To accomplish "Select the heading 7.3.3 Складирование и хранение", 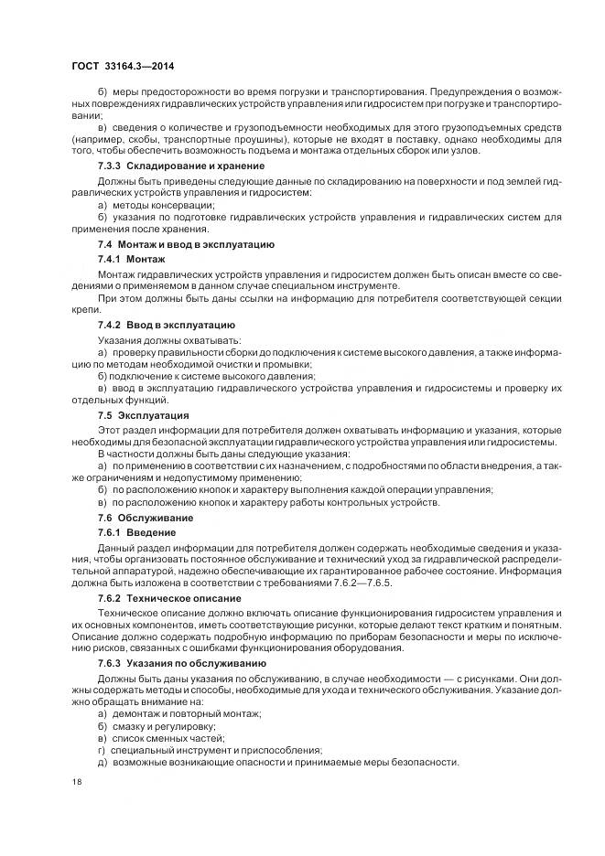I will coord(181,166).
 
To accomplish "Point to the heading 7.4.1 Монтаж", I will coord(132,260).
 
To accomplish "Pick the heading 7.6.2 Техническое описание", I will coord(169,597).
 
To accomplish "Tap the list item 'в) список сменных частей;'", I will coord(159,737).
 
